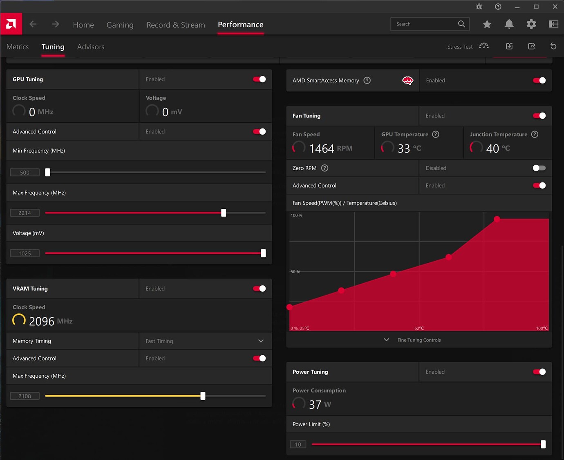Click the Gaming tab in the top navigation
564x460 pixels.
coord(120,25)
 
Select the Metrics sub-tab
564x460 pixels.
coord(18,47)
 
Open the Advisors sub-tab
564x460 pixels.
coord(91,47)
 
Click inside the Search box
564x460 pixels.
coord(425,24)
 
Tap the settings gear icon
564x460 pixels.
coord(531,24)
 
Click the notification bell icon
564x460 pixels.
coord(509,24)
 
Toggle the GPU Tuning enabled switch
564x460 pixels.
coord(260,79)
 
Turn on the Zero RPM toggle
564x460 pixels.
coord(539,168)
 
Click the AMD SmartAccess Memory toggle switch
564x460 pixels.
coord(539,81)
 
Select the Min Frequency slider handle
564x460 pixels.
coord(47,172)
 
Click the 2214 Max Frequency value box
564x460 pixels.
coord(25,213)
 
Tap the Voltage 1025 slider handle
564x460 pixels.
coord(263,253)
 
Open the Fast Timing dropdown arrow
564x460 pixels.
coord(261,341)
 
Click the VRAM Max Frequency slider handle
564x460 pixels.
coord(203,396)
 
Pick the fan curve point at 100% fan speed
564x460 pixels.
coord(497,219)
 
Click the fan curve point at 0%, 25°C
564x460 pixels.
coord(290,307)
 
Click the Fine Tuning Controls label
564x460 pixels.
coord(419,340)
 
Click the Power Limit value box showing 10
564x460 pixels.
coord(298,444)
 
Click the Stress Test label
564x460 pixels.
coord(460,47)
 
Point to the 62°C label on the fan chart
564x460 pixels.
coord(419,328)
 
